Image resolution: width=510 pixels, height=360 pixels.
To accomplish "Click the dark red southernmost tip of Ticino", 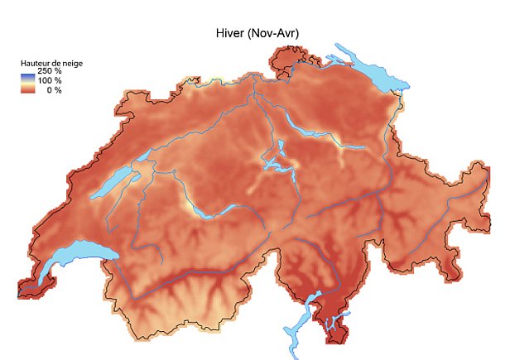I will (337, 335).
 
